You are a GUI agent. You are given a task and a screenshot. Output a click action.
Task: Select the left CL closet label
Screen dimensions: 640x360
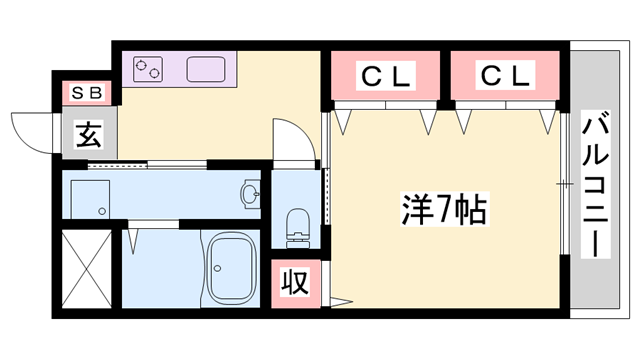coord(386,75)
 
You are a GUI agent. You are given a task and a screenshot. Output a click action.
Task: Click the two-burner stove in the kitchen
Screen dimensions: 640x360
coord(148,69)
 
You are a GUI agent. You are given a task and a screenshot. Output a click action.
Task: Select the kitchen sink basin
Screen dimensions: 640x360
coord(204,70)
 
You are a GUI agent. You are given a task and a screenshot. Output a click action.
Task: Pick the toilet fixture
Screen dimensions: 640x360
coord(298,225)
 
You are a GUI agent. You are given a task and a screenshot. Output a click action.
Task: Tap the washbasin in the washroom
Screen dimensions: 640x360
coord(248,193)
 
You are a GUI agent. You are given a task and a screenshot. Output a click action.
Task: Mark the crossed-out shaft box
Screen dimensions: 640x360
coord(84,269)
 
